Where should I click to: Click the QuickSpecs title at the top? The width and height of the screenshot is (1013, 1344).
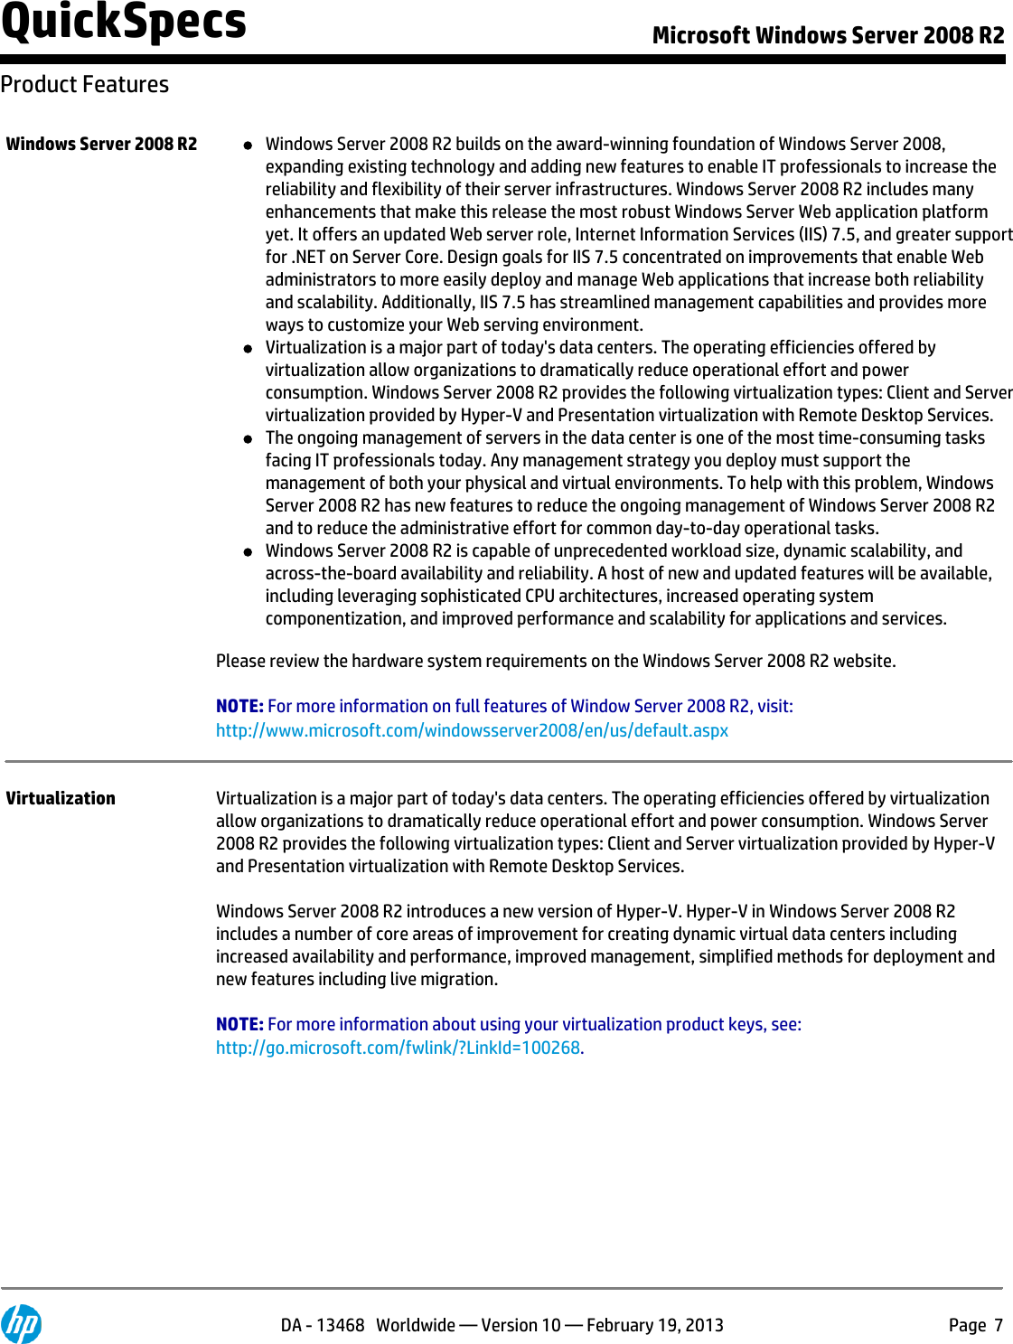tap(124, 23)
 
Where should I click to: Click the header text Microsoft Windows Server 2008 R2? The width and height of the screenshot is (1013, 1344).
tap(828, 35)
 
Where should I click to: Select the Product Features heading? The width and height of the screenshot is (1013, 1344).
tap(85, 84)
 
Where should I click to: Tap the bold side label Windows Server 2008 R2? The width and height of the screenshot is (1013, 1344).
tap(101, 144)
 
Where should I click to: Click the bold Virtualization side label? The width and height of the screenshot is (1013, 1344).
tap(61, 798)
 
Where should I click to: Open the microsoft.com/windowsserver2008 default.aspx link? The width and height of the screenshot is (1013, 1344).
tap(472, 730)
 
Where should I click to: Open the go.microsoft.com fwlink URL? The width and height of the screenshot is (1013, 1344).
tap(398, 1048)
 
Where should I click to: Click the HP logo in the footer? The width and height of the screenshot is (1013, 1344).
tap(22, 1324)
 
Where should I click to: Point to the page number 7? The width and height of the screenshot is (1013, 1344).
tap(999, 1325)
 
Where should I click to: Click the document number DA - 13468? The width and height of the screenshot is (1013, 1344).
tap(322, 1325)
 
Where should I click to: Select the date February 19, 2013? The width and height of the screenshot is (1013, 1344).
tap(655, 1325)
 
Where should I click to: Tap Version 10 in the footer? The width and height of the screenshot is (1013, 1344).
tap(521, 1325)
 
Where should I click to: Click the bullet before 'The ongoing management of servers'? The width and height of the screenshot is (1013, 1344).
tap(248, 439)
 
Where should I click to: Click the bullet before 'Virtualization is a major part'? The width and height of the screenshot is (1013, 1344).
tap(248, 349)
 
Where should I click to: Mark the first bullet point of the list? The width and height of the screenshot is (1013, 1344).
tap(248, 146)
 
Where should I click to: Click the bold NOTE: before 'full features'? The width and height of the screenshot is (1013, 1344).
tap(239, 706)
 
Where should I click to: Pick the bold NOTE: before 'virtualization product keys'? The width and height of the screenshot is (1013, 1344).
tap(239, 1024)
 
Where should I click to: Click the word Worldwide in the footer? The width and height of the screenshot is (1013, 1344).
tap(416, 1325)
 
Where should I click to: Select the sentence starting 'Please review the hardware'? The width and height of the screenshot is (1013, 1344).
tap(556, 661)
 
